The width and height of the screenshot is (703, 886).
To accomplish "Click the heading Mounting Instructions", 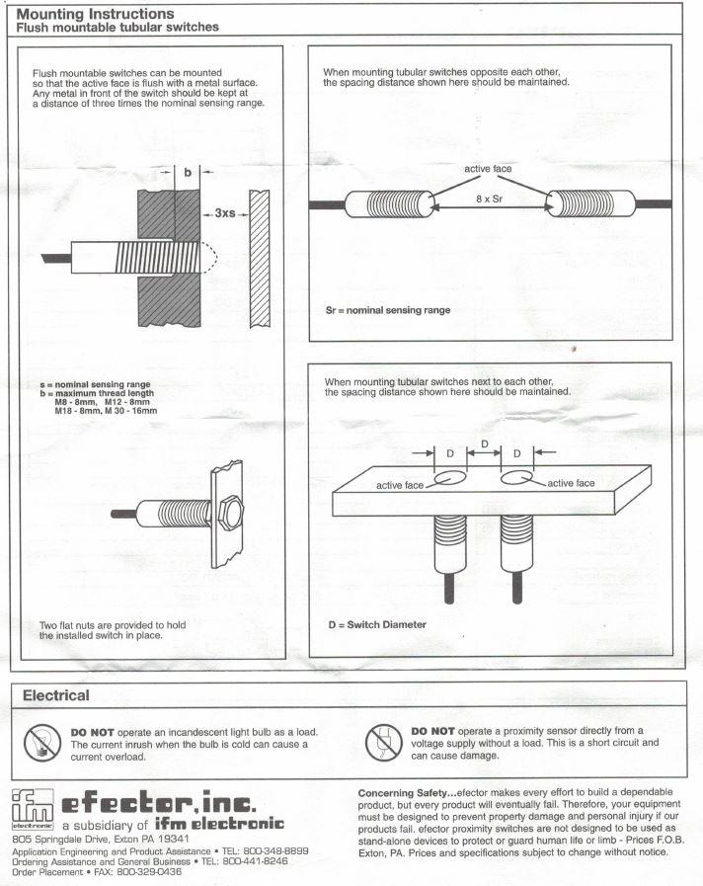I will (x=96, y=14).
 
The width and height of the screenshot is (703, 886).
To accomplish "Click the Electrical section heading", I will (x=55, y=695).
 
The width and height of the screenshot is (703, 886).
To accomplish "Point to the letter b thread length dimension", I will (x=187, y=172).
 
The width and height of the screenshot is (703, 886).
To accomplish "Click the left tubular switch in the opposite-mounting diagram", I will (x=391, y=204).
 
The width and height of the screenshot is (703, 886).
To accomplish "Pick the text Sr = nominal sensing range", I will (x=387, y=309).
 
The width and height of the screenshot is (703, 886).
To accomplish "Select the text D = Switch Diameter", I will (x=376, y=624).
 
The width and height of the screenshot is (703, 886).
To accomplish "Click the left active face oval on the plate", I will (x=450, y=479).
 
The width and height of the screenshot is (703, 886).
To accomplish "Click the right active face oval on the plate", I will (x=517, y=478).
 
